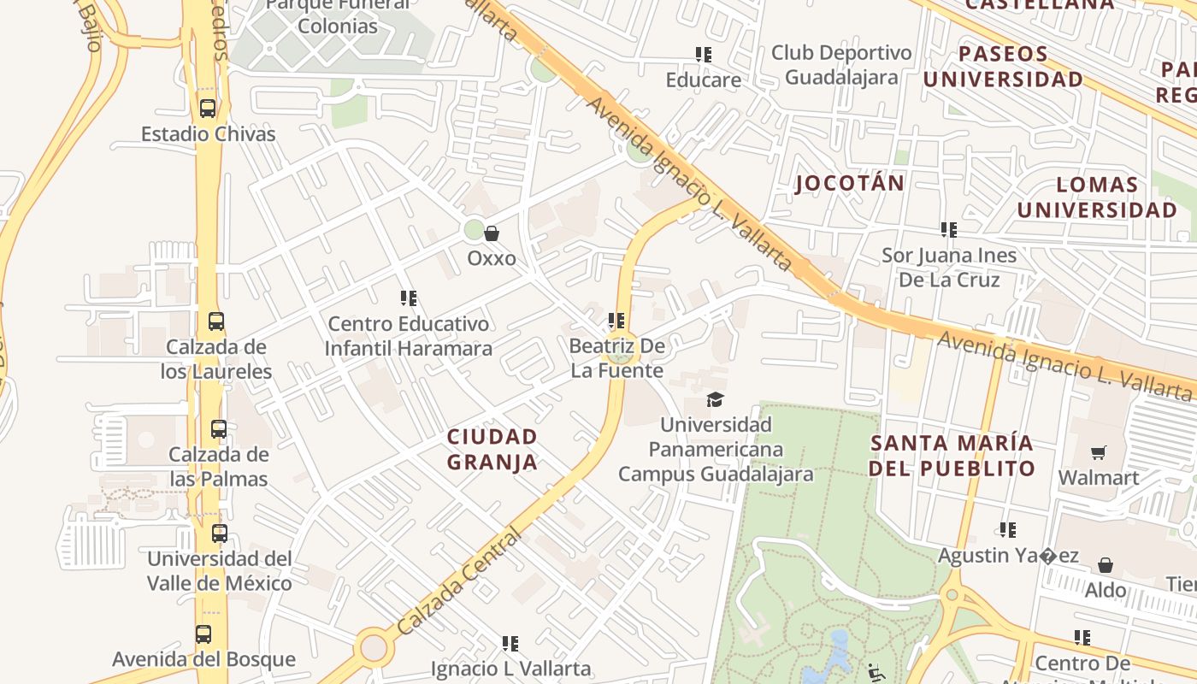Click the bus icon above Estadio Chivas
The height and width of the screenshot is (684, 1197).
coord(207,109)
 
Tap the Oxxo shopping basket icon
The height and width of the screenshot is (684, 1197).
coord(492,233)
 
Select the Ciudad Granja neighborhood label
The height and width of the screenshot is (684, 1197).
coord(492,450)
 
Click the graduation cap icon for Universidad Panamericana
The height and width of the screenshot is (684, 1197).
coord(715,399)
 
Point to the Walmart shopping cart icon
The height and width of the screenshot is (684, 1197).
coord(1098,452)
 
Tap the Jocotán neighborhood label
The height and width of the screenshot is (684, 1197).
coord(849,183)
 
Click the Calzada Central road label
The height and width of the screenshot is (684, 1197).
coord(459,581)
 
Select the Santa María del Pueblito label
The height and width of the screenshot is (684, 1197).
coord(952,456)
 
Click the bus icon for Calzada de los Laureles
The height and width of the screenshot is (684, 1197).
coord(216,321)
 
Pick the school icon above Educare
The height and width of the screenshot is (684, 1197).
coord(704,56)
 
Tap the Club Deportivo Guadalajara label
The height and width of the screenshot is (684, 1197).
coord(841,65)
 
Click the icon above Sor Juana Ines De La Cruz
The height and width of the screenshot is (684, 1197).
coord(948,230)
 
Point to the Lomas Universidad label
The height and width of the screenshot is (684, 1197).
coord(1097,198)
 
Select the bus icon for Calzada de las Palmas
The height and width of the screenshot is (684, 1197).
coord(219,429)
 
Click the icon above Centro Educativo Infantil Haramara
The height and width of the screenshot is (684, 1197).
coord(409,298)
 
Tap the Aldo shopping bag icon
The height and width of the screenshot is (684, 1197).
coord(1106,565)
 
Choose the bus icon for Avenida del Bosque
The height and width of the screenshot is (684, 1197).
coord(203,634)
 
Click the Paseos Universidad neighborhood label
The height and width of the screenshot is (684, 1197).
coord(1003,67)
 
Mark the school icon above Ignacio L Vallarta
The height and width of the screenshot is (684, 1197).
coord(510,643)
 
